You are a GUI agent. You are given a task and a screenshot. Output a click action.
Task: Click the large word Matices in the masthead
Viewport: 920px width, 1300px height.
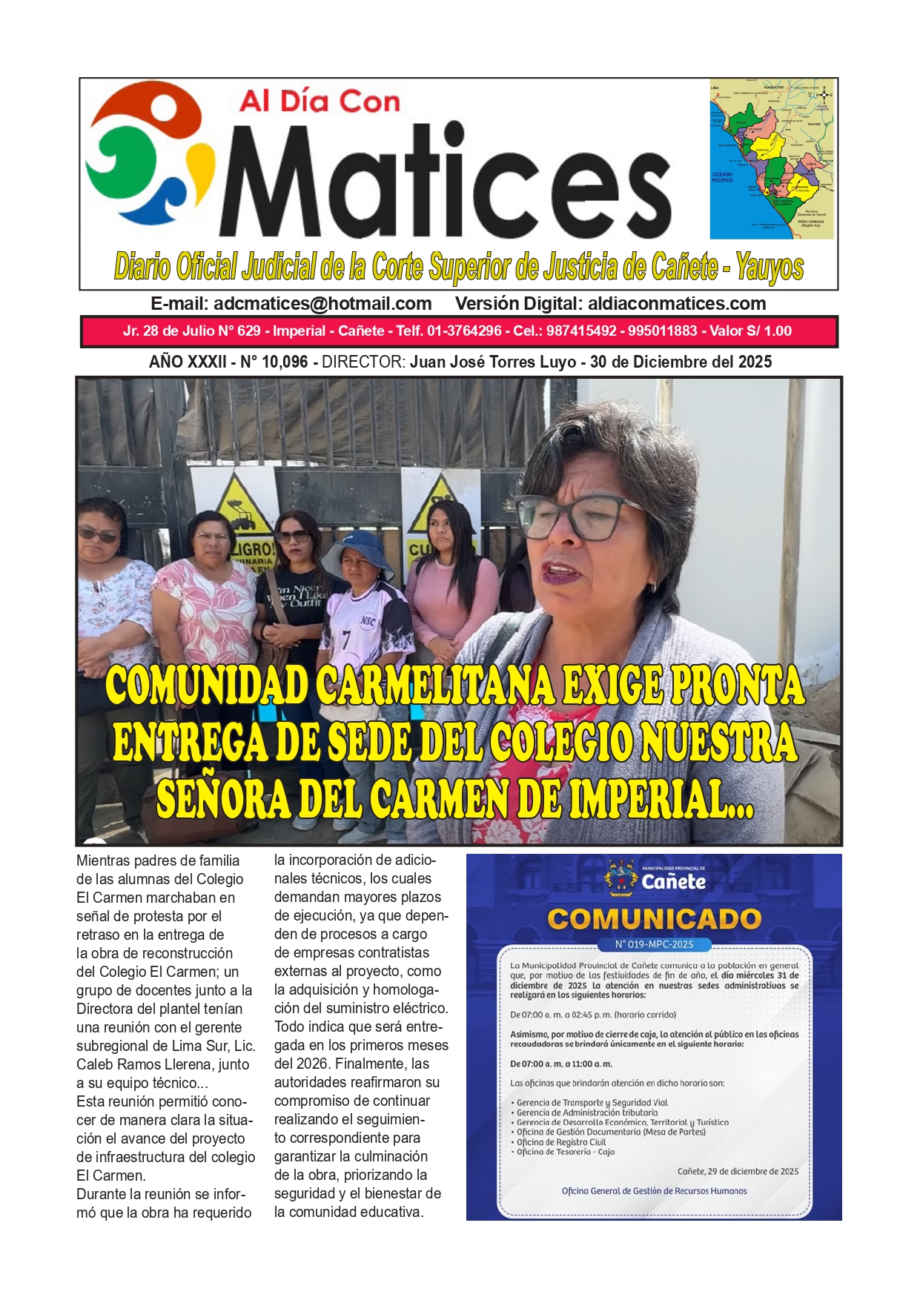(445, 182)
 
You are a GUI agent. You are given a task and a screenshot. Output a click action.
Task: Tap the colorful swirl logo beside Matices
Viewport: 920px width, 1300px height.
(148, 156)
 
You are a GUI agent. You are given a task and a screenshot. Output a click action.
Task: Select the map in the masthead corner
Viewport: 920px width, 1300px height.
(772, 159)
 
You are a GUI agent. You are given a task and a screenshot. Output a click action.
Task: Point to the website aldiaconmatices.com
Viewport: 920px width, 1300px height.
(676, 304)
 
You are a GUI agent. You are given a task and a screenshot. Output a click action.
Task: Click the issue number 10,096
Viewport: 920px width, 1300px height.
(283, 362)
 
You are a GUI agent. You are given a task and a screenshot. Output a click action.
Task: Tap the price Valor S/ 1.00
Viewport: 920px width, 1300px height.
(750, 331)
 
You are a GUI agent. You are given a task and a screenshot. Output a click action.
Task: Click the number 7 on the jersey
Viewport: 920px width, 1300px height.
(346, 639)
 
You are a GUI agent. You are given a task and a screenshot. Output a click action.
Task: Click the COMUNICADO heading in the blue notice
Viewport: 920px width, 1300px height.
(654, 919)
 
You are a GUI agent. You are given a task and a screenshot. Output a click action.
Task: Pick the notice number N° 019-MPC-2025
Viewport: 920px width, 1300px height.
(654, 944)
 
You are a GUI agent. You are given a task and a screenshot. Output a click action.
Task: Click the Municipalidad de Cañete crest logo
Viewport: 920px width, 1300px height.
(621, 878)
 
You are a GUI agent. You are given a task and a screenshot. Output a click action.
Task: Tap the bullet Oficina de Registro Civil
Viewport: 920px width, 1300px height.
(561, 1142)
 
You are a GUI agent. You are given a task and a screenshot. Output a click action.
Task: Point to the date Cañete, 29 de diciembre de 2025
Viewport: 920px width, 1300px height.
(738, 1172)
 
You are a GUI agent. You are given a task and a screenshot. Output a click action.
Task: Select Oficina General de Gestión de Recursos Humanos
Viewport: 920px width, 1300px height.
(654, 1191)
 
